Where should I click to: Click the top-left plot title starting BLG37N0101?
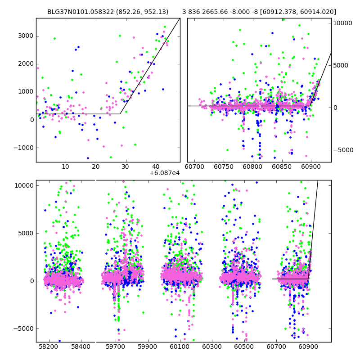(108, 12)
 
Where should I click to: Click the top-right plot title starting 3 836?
(259, 12)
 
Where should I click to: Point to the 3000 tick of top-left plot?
(26, 36)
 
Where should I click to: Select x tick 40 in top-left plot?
(155, 167)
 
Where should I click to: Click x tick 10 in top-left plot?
(66, 167)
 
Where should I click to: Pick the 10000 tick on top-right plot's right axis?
(344, 23)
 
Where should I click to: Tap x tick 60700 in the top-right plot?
(194, 167)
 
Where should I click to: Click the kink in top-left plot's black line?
(120, 114)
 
